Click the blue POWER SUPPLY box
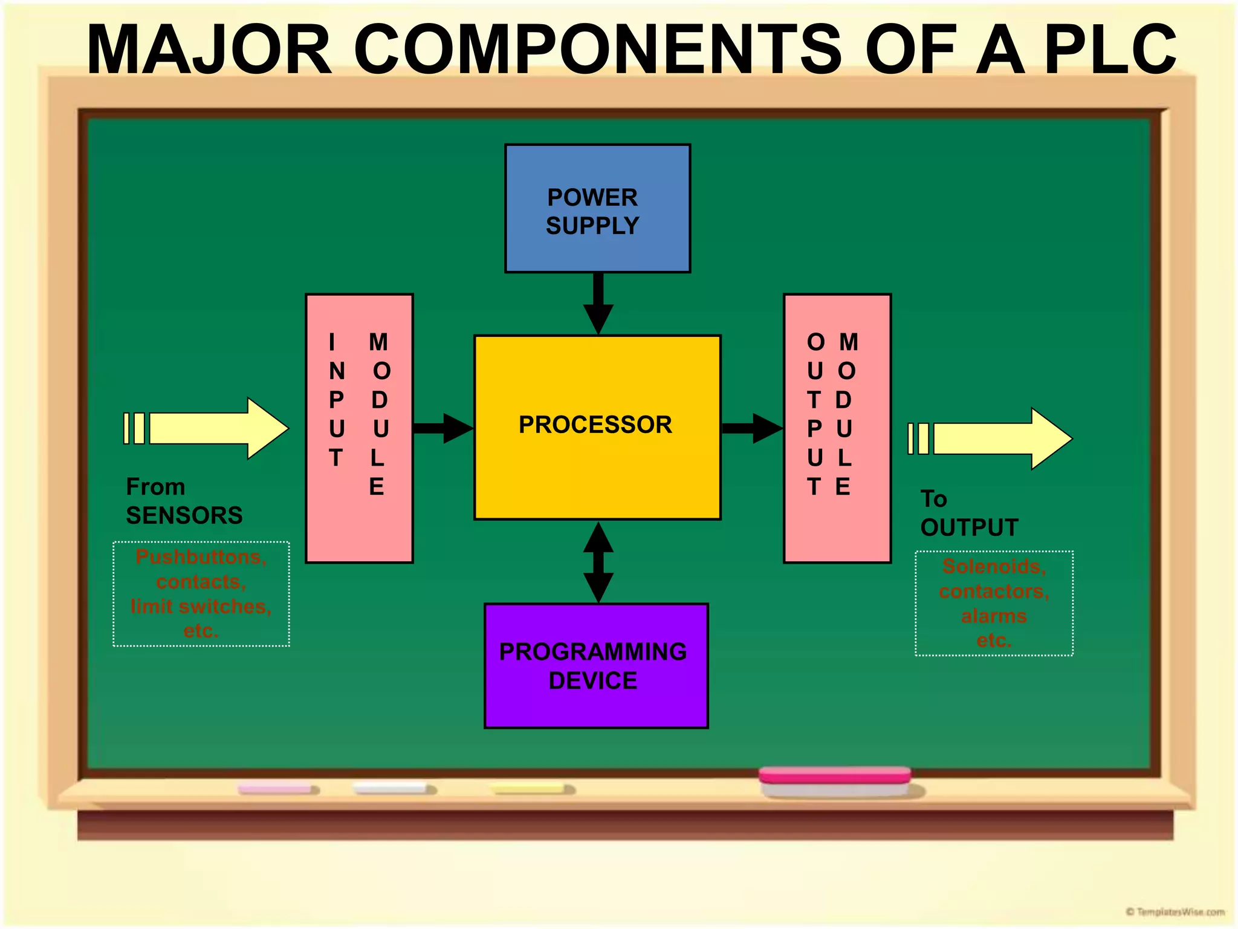(597, 209)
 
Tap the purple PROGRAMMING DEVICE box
(596, 666)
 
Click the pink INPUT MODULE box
(359, 428)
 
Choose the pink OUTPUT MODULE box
(837, 428)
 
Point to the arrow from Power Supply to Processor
(598, 303)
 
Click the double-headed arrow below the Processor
(598, 562)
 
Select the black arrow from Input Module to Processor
(443, 428)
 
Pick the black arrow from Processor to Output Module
(752, 428)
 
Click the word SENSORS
(184, 516)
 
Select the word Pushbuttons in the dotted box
(201, 556)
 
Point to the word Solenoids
(994, 566)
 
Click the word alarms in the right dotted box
(994, 616)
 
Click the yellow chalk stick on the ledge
(530, 789)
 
